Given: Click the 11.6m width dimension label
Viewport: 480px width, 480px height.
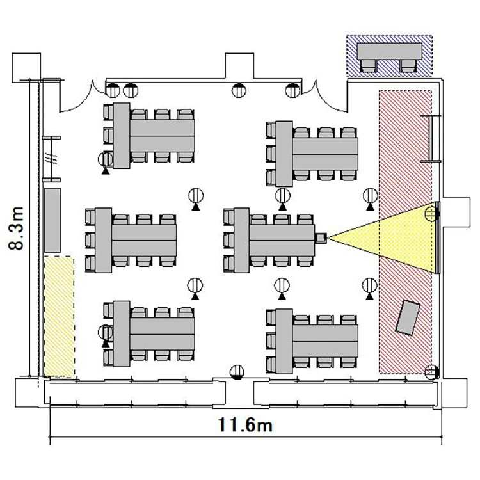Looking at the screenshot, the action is (245, 424).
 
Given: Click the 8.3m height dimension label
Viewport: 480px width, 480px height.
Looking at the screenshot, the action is (16, 228).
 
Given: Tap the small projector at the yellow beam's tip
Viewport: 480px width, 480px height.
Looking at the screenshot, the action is (321, 237).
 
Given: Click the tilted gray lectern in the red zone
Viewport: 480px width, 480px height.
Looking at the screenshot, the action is (408, 317).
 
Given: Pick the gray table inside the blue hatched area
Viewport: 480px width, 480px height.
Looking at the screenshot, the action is (389, 51).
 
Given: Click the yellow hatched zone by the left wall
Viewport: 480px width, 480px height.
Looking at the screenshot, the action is (59, 317).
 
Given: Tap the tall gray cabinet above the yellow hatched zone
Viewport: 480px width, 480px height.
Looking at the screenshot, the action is (52, 220).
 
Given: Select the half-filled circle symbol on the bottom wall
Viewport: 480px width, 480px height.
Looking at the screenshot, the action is (237, 372).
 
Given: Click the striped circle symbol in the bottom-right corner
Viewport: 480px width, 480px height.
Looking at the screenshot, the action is (432, 372).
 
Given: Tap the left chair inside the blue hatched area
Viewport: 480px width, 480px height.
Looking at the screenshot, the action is (369, 66).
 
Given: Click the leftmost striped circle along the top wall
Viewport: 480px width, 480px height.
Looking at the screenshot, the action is (113, 90).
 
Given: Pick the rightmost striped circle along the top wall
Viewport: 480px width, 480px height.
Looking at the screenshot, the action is (292, 90).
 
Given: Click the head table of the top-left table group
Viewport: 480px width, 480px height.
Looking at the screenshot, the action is (122, 135).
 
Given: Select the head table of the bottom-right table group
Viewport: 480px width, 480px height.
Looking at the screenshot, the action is (284, 341).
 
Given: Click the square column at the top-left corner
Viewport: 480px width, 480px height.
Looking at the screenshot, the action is (26, 68).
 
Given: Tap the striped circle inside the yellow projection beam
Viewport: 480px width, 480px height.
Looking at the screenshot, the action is (431, 213).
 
